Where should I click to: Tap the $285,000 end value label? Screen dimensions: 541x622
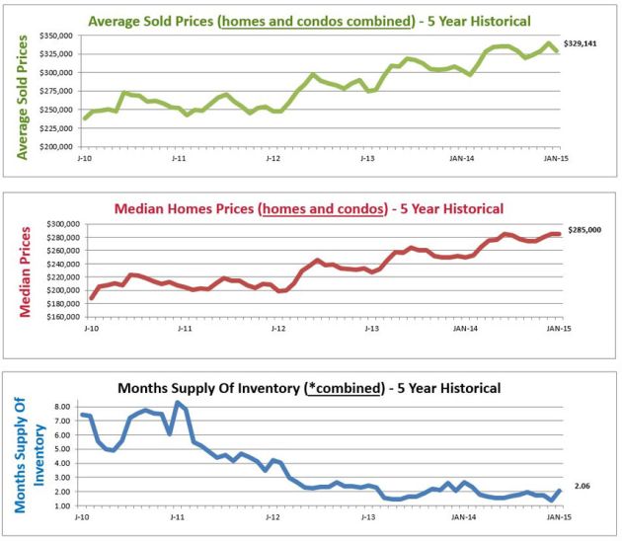pyautogui.click(x=583, y=233)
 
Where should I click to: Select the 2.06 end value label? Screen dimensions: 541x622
pyautogui.click(x=582, y=487)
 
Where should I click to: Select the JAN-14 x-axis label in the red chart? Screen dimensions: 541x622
pyautogui.click(x=459, y=329)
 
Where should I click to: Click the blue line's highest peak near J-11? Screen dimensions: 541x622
pyautogui.click(x=178, y=402)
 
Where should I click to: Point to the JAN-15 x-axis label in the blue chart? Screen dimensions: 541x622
pyautogui.click(x=556, y=516)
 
